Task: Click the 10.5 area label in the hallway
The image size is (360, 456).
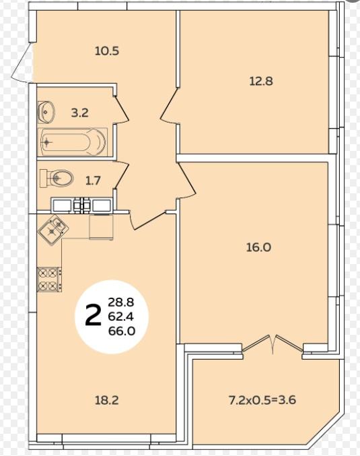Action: (x=107, y=51)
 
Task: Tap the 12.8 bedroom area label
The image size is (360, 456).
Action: (x=261, y=81)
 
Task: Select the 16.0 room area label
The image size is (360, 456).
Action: (x=258, y=247)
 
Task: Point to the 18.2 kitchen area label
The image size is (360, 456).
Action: (x=106, y=401)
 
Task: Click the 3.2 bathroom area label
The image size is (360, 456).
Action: (x=79, y=112)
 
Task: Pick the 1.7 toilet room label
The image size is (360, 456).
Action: (x=93, y=181)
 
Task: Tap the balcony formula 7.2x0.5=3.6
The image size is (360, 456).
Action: (x=262, y=400)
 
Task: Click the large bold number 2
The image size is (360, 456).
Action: (x=93, y=316)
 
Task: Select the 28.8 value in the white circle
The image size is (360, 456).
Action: (x=121, y=302)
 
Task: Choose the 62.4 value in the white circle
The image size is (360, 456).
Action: (x=121, y=317)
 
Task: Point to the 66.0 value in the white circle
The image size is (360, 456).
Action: (x=121, y=331)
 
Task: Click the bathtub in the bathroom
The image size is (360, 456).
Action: (x=73, y=142)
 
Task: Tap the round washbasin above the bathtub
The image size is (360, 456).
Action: (x=46, y=111)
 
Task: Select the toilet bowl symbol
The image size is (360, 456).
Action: (x=57, y=178)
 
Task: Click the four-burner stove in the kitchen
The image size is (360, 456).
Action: (x=49, y=280)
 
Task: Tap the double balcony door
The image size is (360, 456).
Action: (x=273, y=345)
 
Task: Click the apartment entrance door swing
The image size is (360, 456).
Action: (x=23, y=62)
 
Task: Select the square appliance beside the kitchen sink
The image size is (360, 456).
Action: (x=101, y=228)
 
